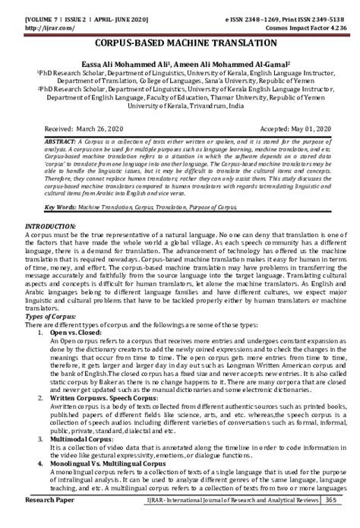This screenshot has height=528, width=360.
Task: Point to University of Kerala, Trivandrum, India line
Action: coord(180,107)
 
